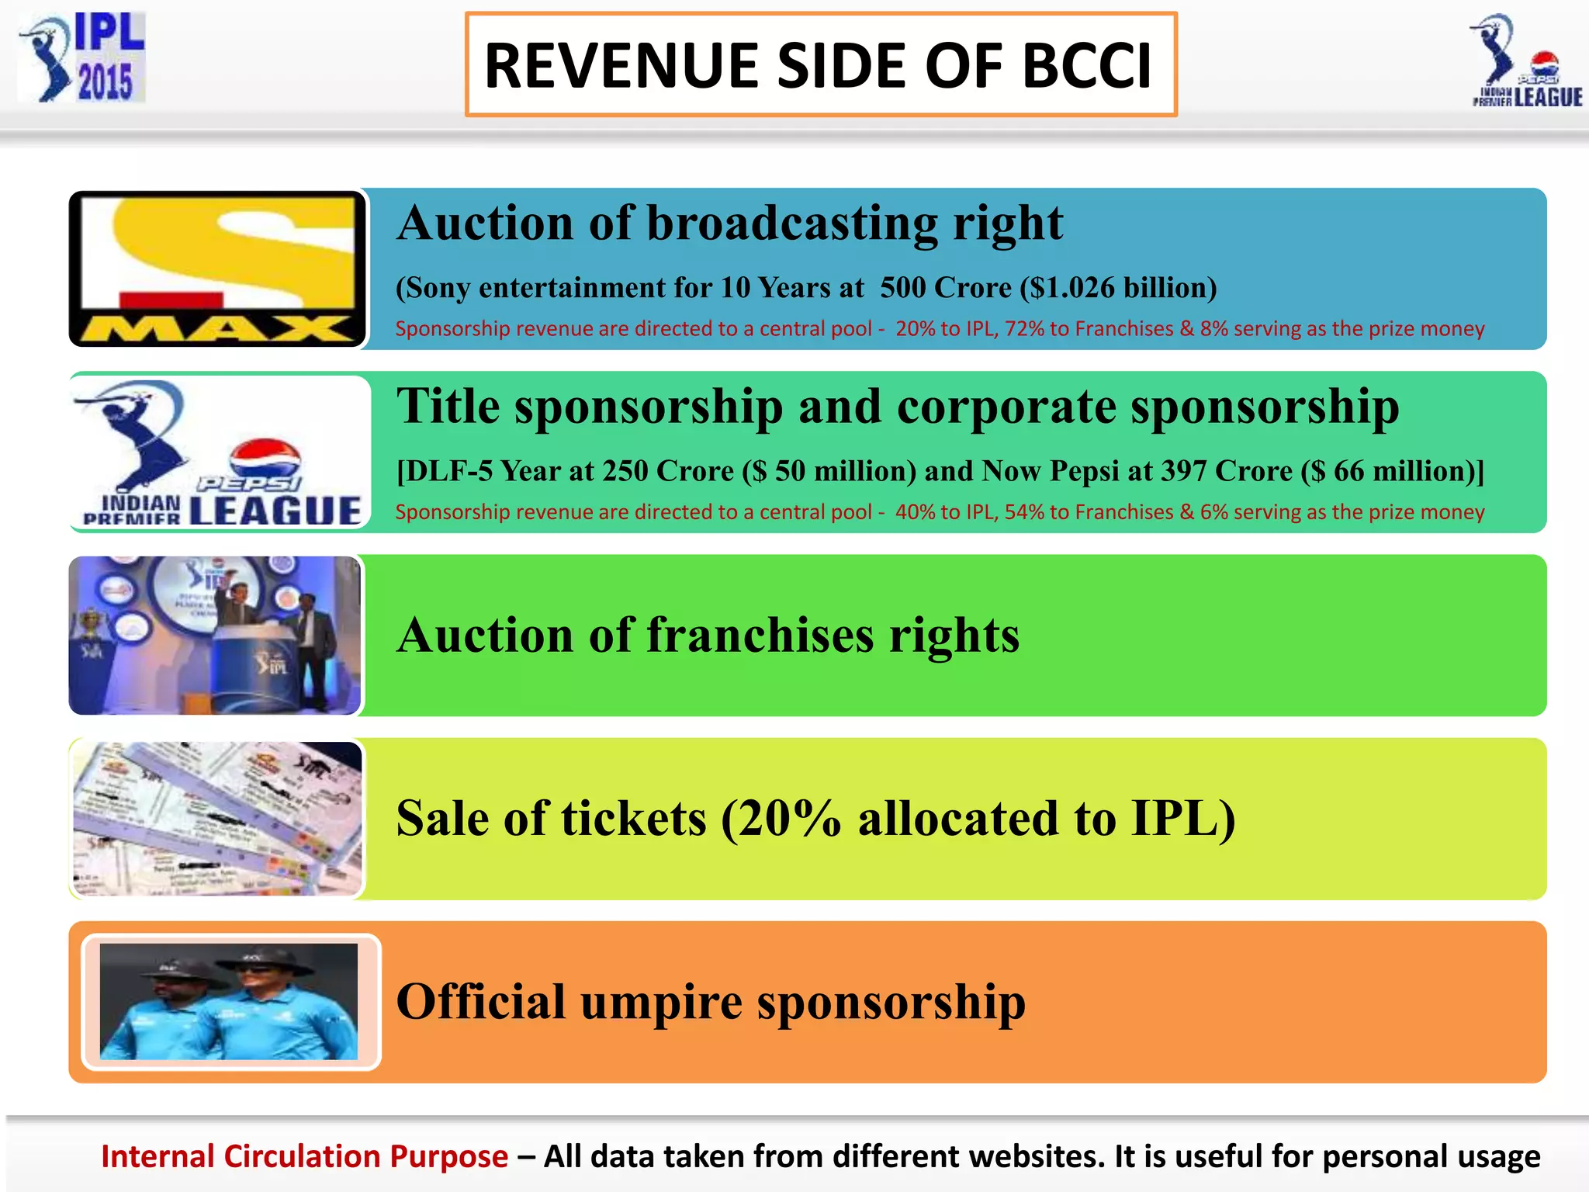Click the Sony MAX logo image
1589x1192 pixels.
(218, 269)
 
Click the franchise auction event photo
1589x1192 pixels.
(215, 635)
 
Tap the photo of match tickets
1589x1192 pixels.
(217, 818)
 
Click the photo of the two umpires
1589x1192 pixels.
(230, 1001)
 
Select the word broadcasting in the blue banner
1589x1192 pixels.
(791, 223)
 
